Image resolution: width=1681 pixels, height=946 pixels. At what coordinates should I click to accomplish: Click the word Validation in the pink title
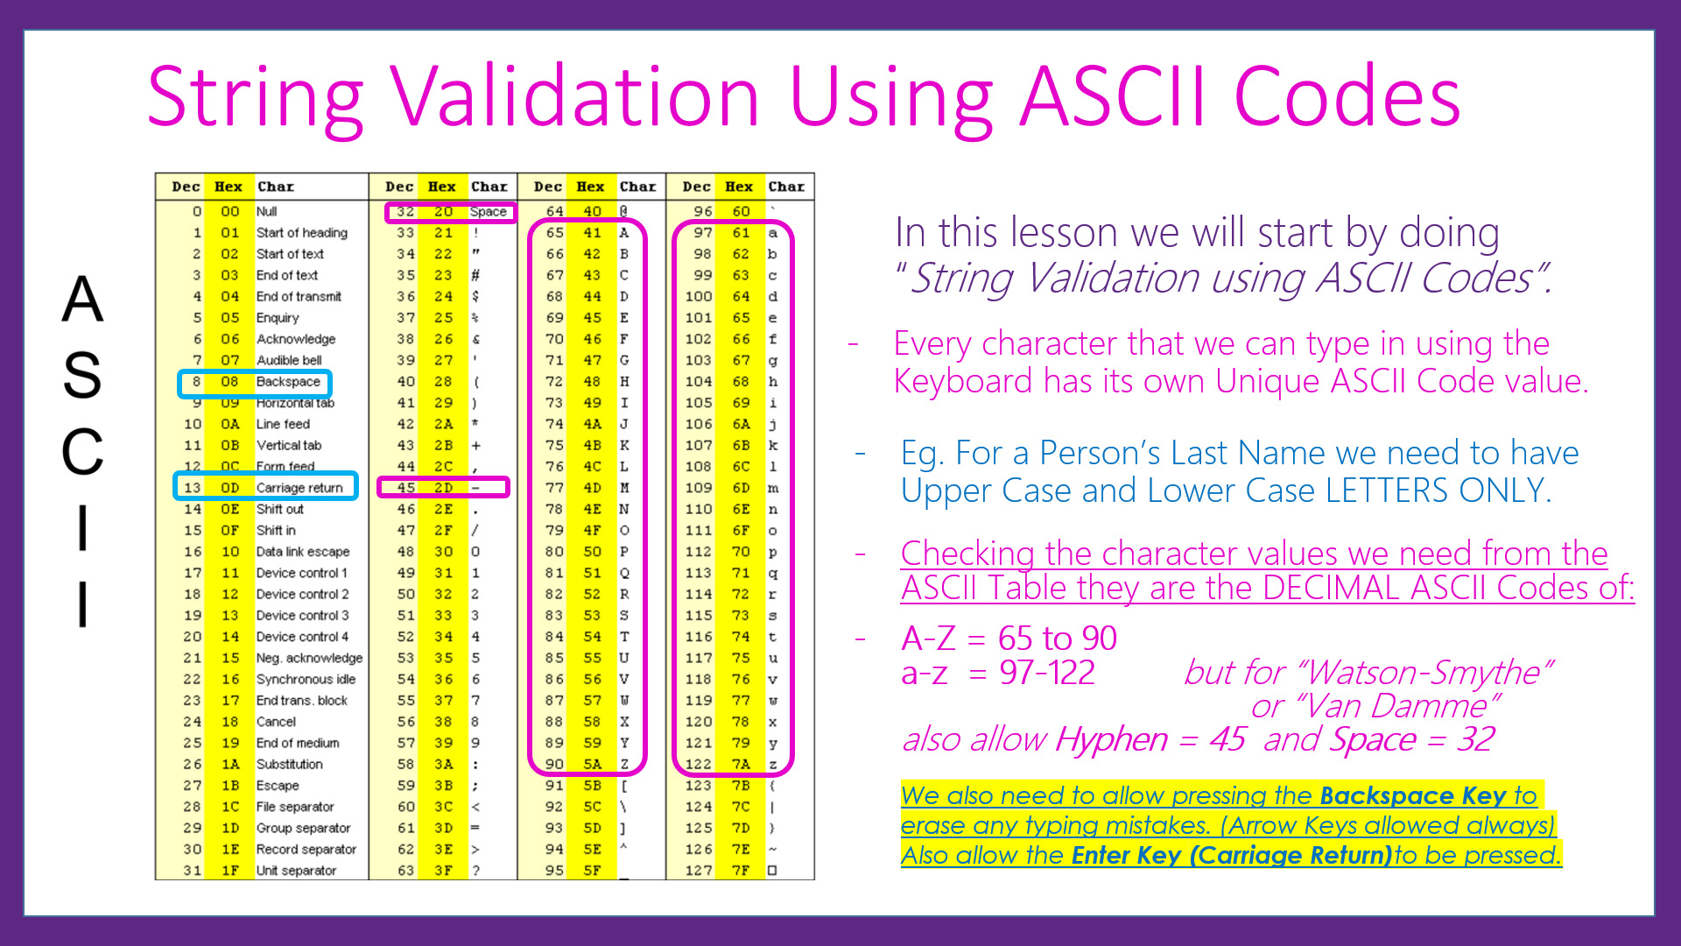pos(574,96)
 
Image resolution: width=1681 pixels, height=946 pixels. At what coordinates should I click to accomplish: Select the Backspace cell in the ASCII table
pos(288,382)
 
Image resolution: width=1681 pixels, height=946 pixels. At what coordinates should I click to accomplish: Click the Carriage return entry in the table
pos(299,488)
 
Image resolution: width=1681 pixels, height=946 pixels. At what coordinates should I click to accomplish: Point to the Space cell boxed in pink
pos(488,212)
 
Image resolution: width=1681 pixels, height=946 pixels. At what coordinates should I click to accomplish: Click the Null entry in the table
pos(266,212)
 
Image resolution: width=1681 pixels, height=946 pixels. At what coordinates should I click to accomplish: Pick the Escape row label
pos(278,786)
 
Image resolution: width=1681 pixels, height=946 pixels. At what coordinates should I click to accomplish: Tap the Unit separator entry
pos(296,871)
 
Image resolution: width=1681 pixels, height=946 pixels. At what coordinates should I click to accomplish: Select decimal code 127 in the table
pos(699,871)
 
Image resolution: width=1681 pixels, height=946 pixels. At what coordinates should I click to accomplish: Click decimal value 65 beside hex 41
pos(554,233)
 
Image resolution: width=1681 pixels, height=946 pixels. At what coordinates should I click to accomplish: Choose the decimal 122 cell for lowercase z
pos(699,764)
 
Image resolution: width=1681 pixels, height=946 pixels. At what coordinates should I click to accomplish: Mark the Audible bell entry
pos(289,360)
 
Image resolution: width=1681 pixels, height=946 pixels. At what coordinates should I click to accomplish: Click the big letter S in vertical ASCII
pos(82,375)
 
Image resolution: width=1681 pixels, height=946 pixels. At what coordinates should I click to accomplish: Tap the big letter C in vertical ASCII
pos(82,452)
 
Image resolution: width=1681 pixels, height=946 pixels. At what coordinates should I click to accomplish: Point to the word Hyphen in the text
pos(1111,740)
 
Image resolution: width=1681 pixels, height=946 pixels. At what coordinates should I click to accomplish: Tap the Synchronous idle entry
pos(306,679)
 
